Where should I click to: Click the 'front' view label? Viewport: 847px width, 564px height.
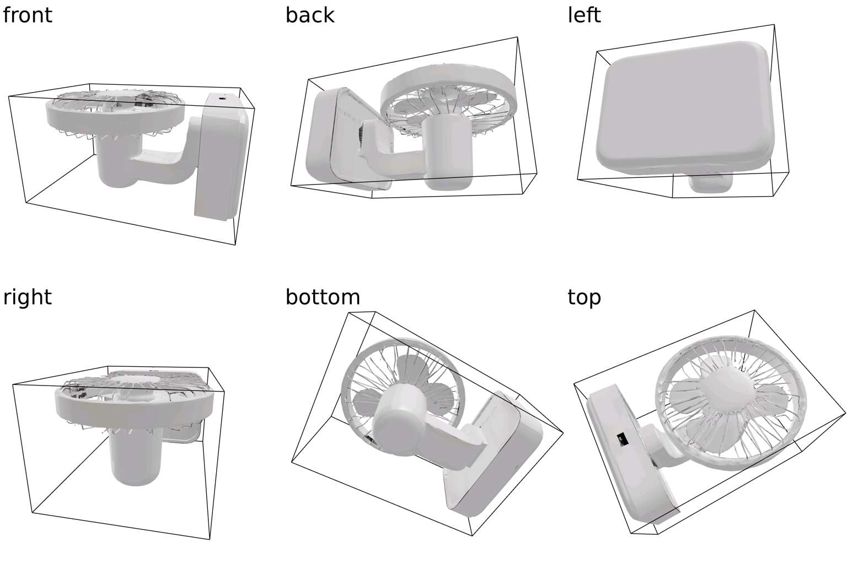tap(27, 15)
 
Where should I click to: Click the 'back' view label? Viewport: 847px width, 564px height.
tap(310, 15)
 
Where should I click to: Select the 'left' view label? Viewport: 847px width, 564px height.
tap(584, 15)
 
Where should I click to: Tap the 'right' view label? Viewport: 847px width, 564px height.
tap(27, 297)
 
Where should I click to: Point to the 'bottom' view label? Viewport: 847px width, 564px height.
tap(323, 297)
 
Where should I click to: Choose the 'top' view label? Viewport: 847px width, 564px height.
tap(584, 297)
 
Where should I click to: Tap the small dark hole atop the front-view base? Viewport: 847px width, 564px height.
tap(223, 99)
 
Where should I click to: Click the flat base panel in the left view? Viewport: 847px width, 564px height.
tap(683, 107)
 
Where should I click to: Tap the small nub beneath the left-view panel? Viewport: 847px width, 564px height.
tap(710, 183)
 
